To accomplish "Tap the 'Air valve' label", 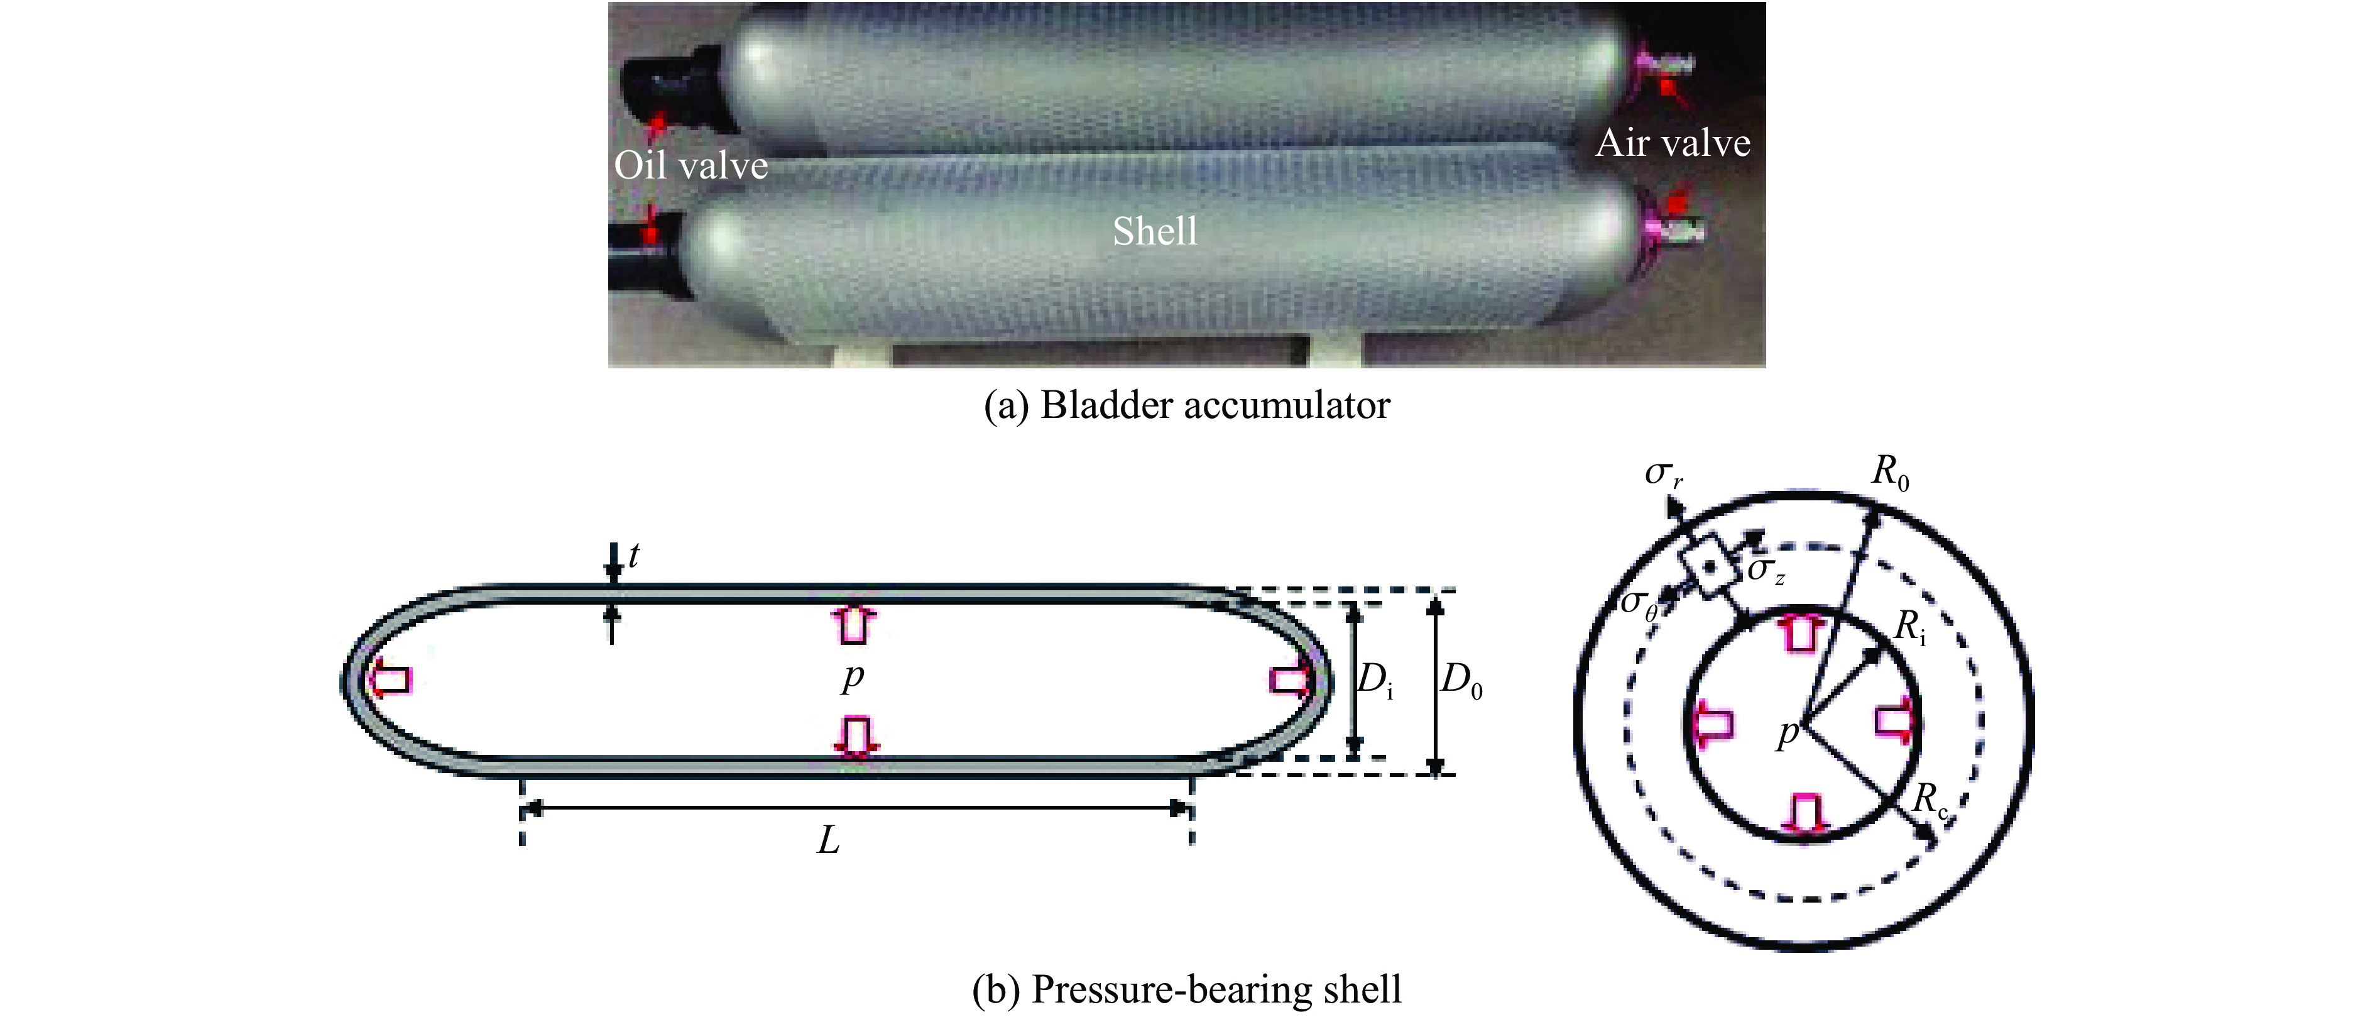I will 1673,143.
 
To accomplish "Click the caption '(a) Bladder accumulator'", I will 1187,405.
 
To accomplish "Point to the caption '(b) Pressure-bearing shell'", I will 1187,989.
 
